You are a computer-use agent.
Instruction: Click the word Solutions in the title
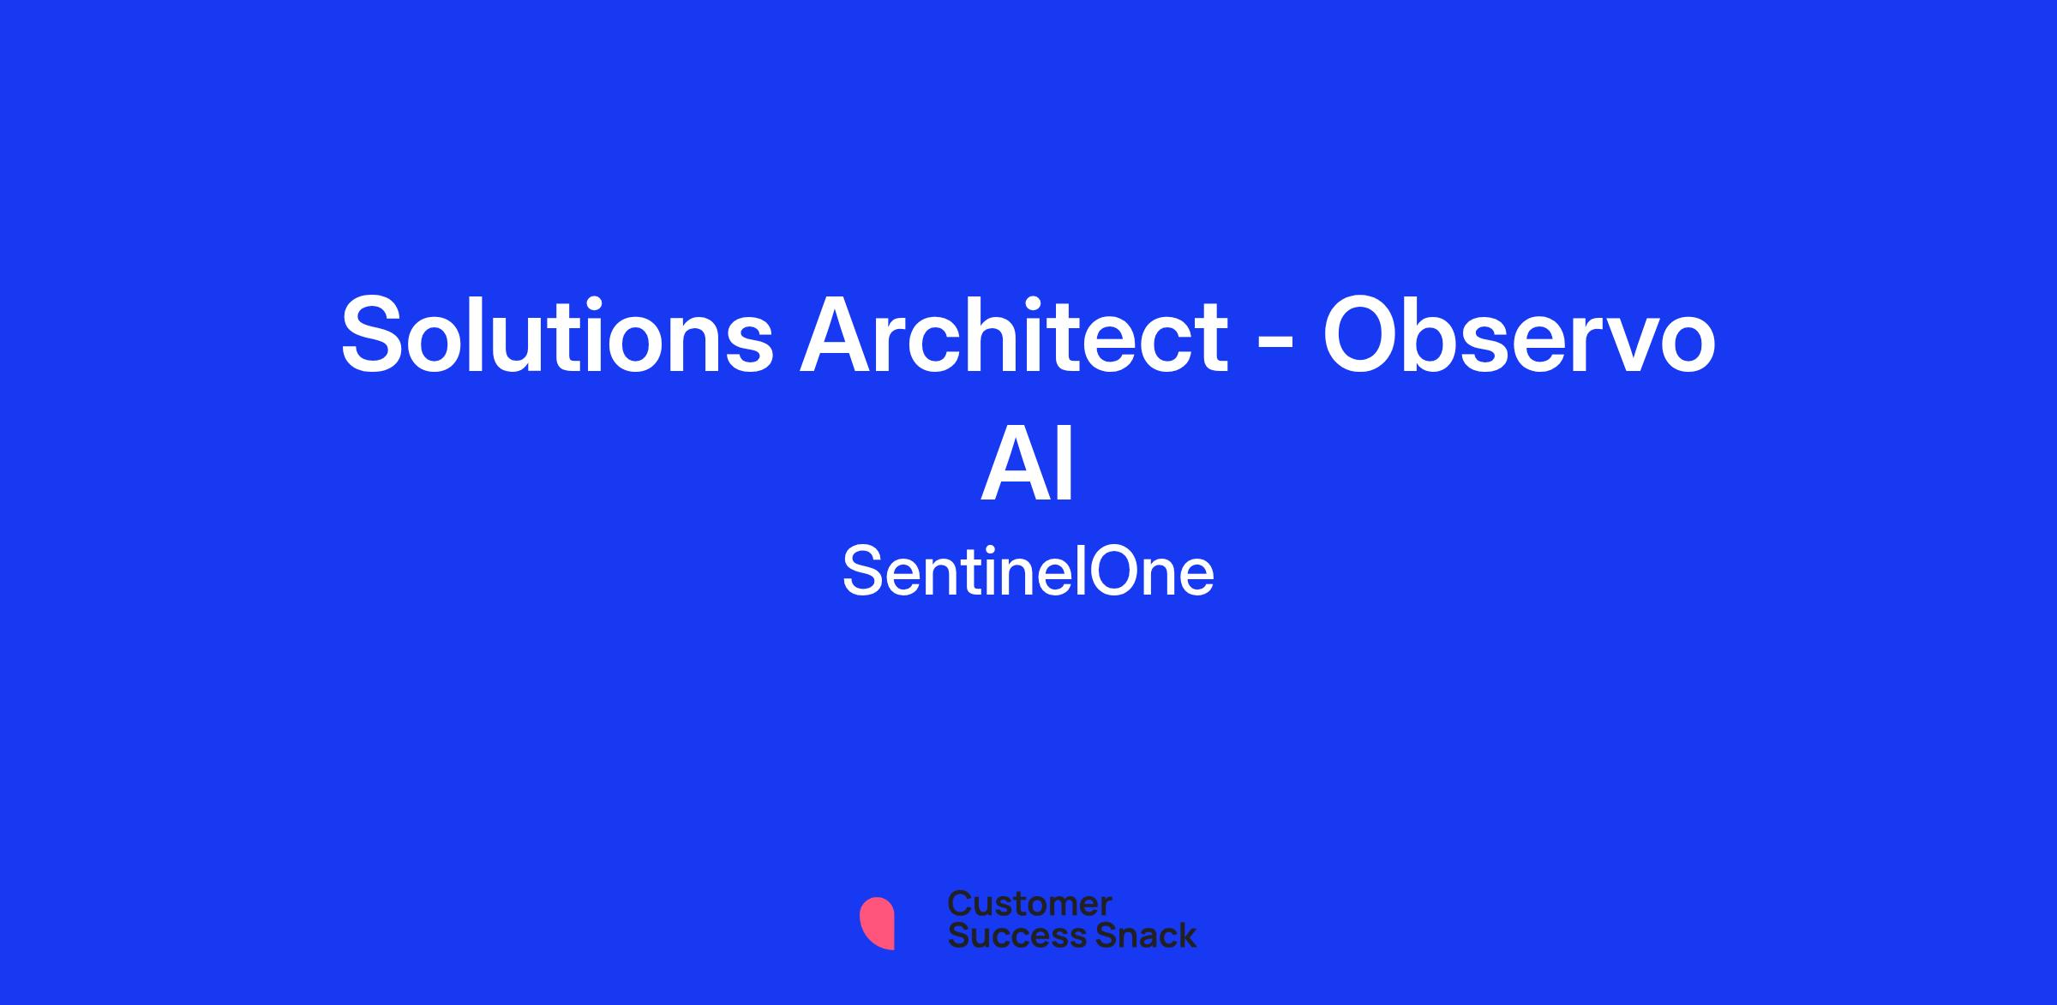pos(557,334)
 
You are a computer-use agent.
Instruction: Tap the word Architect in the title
pos(1014,334)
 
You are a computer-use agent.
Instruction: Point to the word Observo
pos(1520,334)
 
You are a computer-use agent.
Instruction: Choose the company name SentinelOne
pos(1028,571)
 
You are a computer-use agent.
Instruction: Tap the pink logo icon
pos(877,923)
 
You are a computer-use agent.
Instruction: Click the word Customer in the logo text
pos(1029,904)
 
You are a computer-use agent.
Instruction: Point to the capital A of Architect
pos(837,334)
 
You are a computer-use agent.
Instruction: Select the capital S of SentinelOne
pos(863,571)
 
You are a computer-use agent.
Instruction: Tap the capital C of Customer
pos(960,904)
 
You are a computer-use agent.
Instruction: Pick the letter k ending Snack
pos(1185,936)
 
